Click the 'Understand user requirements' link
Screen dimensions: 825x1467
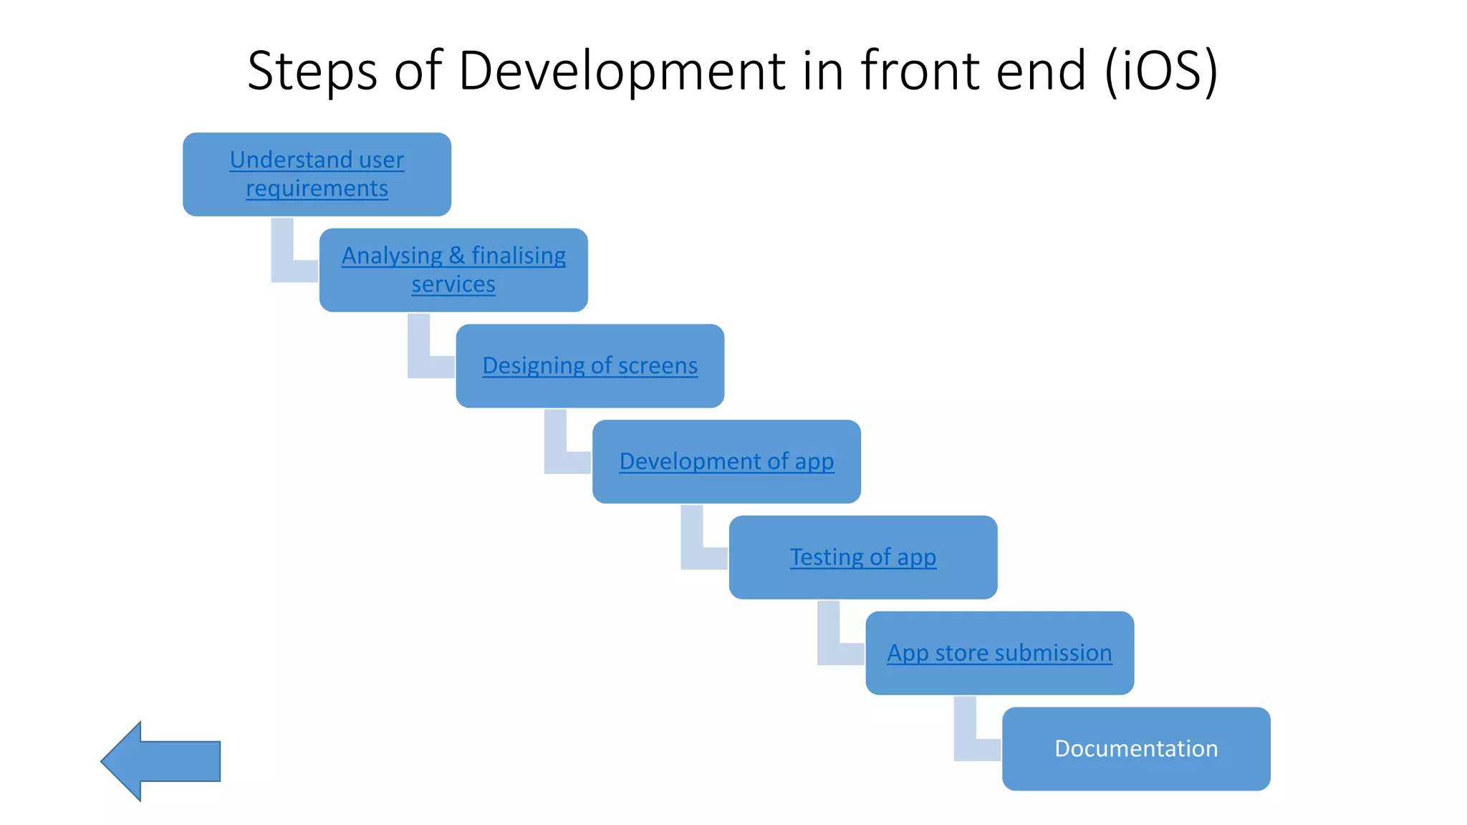coord(317,173)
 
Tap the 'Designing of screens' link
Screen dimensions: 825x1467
coord(590,365)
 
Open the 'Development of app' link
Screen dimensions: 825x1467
coord(726,461)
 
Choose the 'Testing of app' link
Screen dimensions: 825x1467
coord(862,557)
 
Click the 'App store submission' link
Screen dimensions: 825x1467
coord(999,653)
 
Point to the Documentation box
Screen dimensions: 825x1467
coord(1136,748)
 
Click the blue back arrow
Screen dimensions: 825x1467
coord(161,761)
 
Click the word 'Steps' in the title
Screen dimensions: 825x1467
coord(312,72)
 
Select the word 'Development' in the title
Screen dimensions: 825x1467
coord(622,72)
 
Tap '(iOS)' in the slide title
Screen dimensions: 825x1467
coord(1160,72)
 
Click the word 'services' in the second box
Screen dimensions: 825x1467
coord(453,284)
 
